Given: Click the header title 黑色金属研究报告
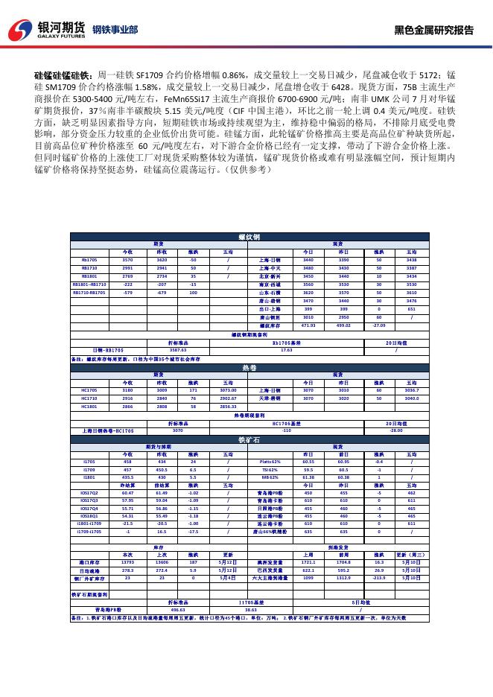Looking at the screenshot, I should pos(433,31).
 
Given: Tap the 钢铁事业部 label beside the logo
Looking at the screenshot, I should pos(115,31).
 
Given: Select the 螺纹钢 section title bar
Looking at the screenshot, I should pos(249,236).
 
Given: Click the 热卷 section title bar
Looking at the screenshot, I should pos(249,368).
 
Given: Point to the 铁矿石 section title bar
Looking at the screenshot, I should pos(249,440).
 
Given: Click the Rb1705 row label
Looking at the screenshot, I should pos(89,261).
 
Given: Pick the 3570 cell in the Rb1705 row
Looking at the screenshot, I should pos(127,261).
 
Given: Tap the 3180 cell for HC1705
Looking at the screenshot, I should pos(127,389).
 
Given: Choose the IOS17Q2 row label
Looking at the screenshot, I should pos(89,492).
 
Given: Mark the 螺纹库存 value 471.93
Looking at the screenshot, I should pos(308,325).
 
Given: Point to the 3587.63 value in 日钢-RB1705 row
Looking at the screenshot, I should pos(178,349).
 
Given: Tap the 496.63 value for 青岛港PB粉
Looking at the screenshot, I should pos(178,608).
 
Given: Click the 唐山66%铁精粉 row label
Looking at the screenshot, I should pos(269,532).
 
